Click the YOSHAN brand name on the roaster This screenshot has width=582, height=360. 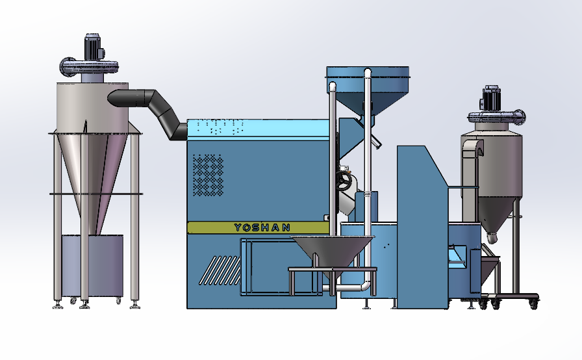tap(262, 227)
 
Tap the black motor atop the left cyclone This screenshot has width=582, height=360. tap(93, 47)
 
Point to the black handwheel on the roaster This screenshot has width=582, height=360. tap(344, 181)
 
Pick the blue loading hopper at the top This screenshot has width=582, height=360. tap(368, 88)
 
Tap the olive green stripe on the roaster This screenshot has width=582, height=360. tap(259, 227)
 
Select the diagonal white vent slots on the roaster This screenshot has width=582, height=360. tap(220, 270)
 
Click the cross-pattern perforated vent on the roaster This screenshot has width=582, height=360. tap(209, 175)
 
